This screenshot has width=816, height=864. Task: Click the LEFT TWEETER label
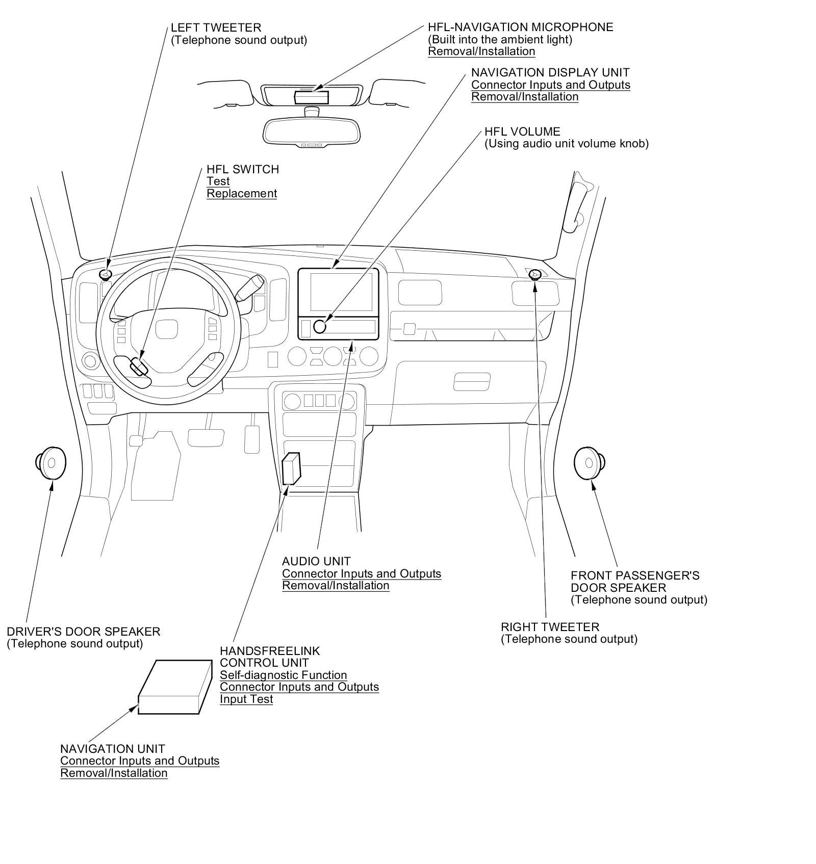pos(216,28)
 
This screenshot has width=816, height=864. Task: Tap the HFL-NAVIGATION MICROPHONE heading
pos(520,27)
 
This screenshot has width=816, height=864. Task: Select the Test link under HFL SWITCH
pos(218,181)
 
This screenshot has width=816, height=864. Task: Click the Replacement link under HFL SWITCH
pos(242,194)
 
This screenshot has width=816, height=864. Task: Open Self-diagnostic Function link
pos(283,675)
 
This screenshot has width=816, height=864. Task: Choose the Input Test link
pos(246,699)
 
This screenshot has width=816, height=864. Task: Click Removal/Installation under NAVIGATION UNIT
pos(114,773)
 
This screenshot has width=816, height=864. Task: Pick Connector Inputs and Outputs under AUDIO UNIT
pos(362,574)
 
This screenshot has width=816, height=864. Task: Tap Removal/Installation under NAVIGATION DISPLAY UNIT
pos(524,97)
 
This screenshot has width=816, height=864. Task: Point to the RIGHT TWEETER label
pos(550,627)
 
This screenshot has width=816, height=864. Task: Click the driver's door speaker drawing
pos(51,463)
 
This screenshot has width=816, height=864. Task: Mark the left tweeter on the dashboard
pos(106,275)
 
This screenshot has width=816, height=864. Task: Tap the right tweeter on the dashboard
pos(534,275)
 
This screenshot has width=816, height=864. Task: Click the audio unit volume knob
pos(320,326)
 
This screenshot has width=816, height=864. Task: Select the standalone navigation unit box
pos(175,688)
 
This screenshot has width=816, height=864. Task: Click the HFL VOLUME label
pos(522,132)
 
